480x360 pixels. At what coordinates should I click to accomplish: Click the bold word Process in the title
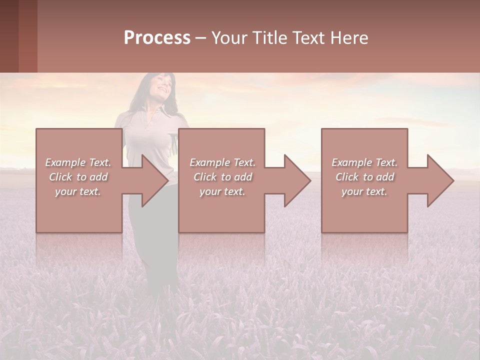click(157, 38)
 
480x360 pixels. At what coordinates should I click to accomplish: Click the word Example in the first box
click(65, 162)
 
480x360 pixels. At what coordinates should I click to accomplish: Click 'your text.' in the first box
click(78, 191)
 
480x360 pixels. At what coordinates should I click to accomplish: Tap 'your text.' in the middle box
click(222, 191)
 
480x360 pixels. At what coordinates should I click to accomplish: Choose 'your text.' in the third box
click(364, 191)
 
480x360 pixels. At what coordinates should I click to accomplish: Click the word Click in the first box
click(60, 177)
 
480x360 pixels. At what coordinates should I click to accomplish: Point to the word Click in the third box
click(347, 177)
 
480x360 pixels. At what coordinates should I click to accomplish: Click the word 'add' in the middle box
click(243, 177)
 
